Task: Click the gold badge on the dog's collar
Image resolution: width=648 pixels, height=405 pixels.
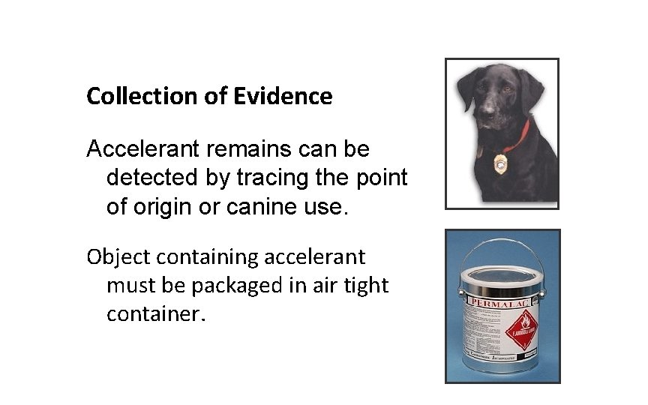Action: pos(499,163)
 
